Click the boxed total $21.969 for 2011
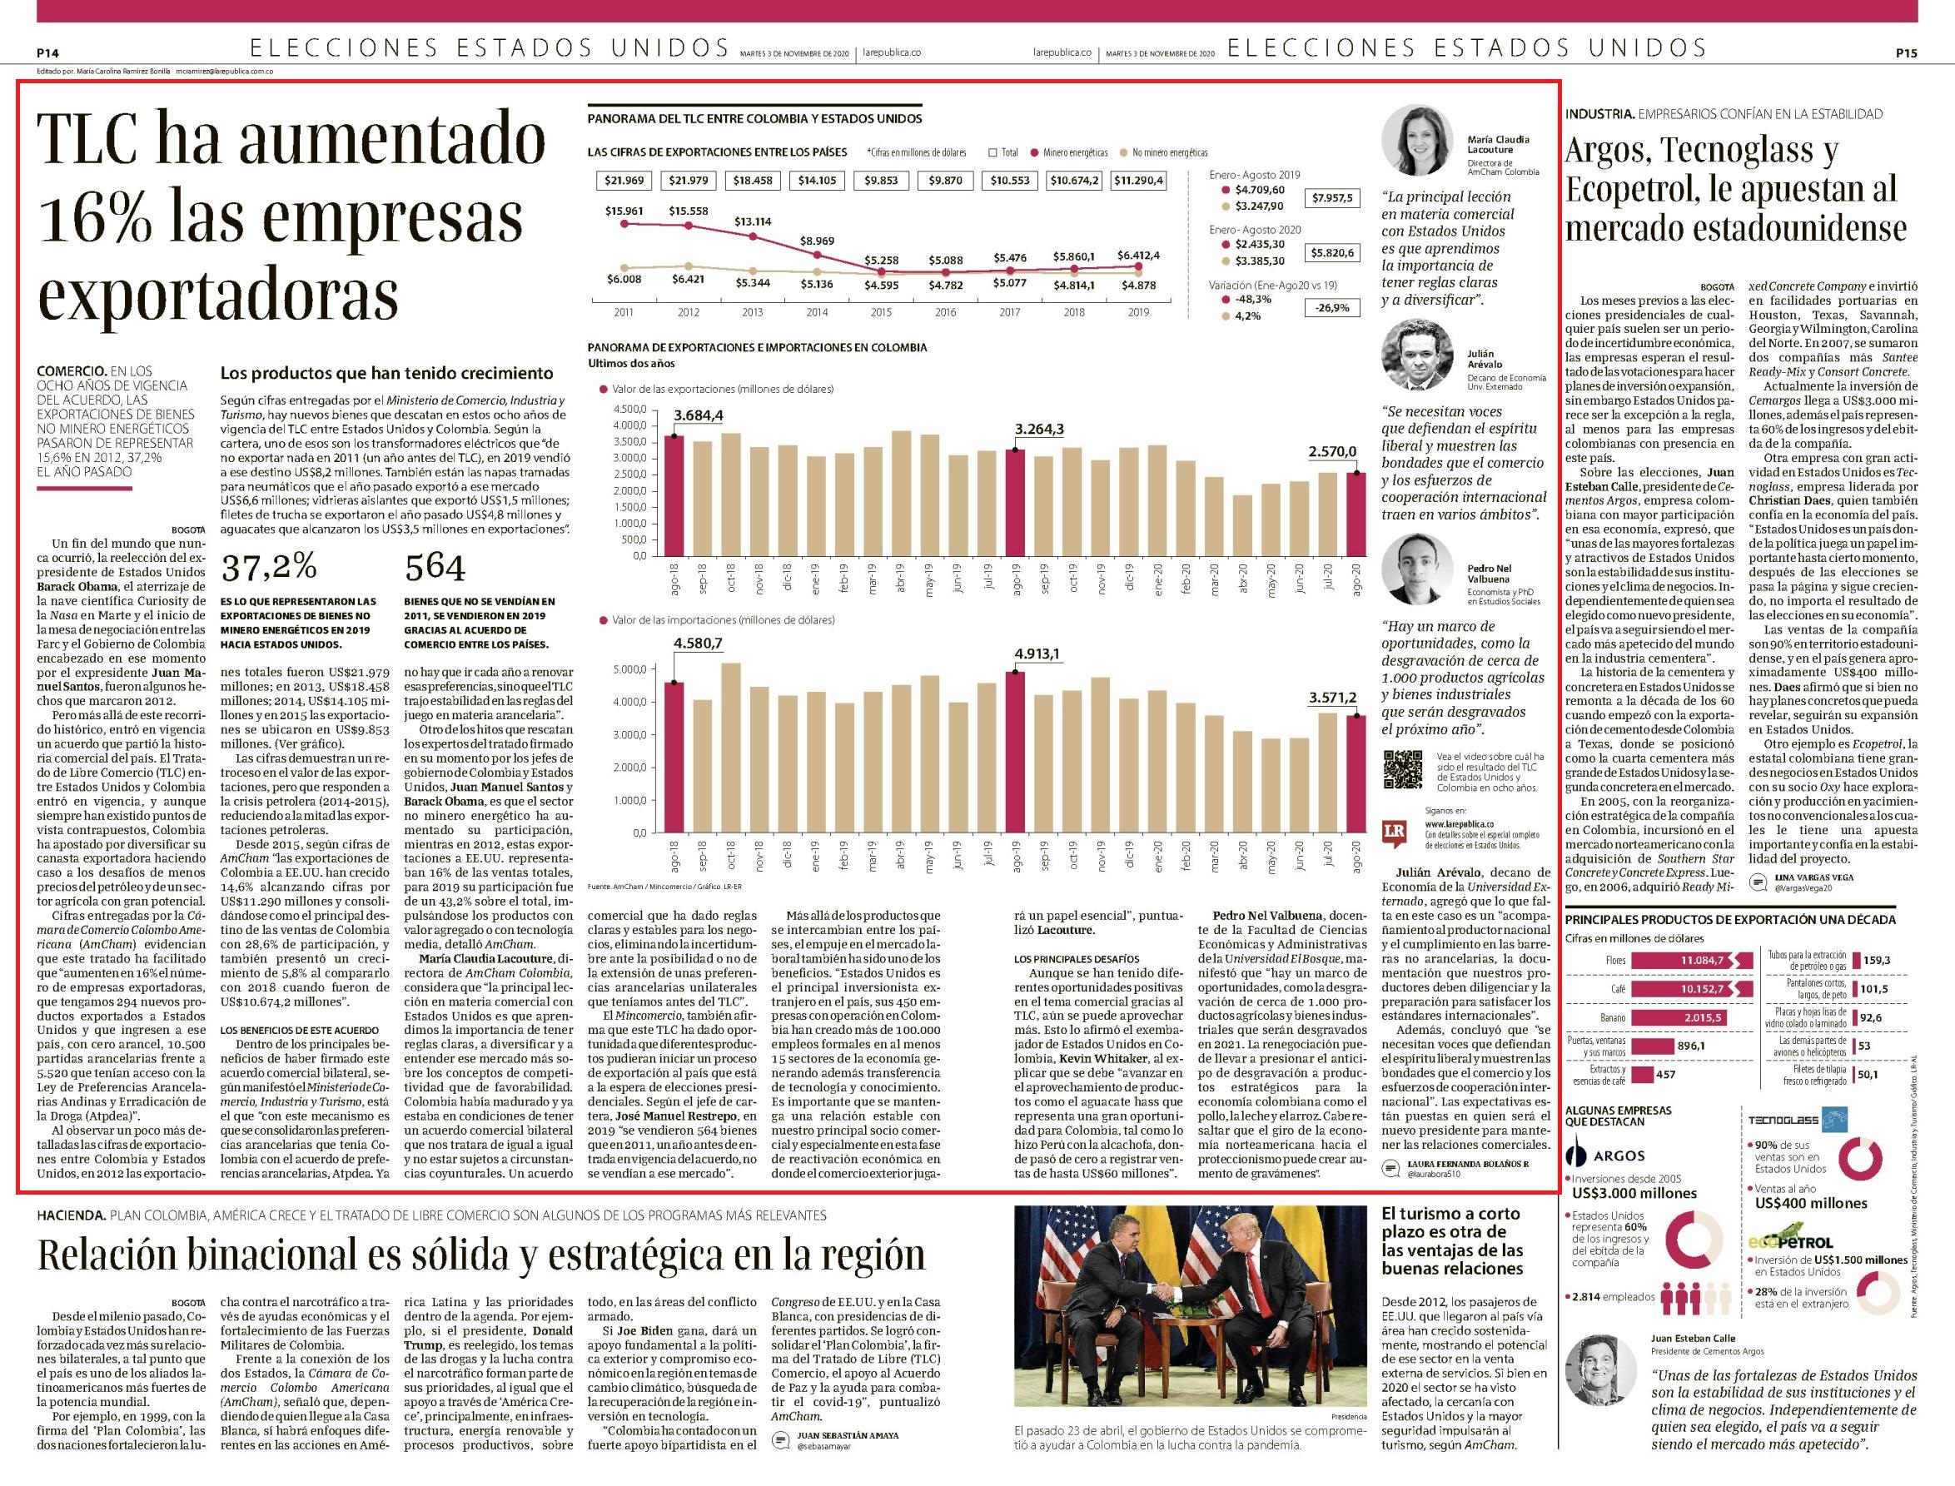[624, 181]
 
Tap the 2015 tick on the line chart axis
[881, 312]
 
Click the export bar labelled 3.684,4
[674, 495]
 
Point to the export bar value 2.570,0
[1333, 452]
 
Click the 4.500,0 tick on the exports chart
[629, 410]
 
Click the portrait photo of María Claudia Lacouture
[1418, 141]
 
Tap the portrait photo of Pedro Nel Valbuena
[1418, 569]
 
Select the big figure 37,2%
[269, 567]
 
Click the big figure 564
[435, 567]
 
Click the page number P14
[47, 53]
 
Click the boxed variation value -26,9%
[1332, 308]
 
